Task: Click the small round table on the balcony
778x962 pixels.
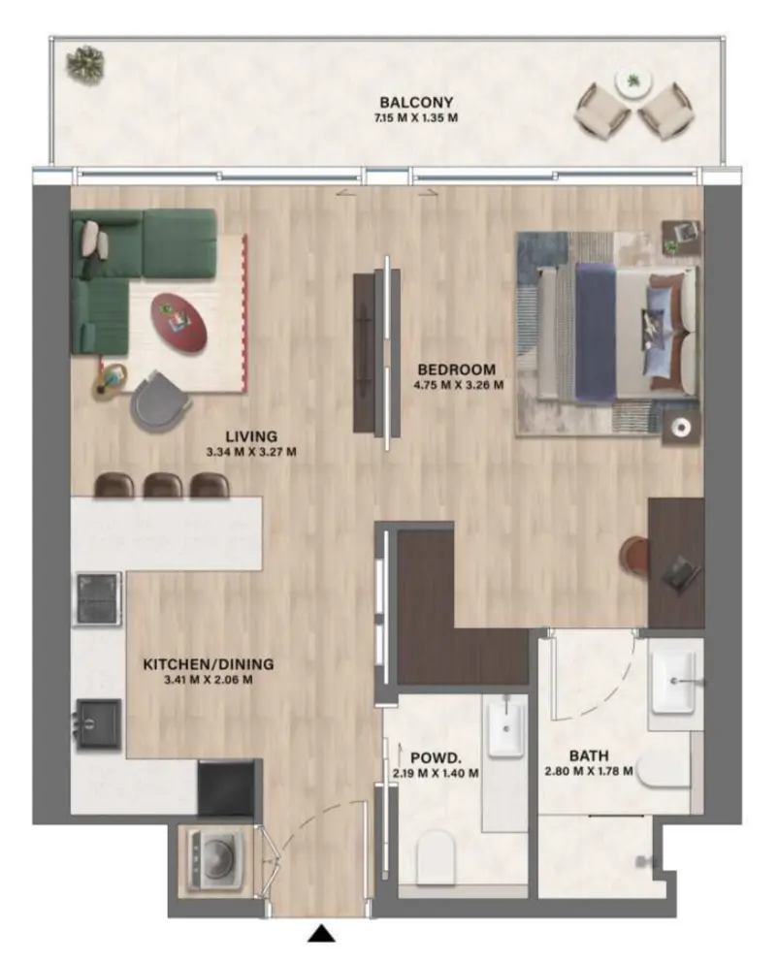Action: [634, 82]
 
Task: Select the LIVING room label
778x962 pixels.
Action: [250, 436]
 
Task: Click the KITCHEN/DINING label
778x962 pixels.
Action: [209, 664]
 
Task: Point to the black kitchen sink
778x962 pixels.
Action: [99, 723]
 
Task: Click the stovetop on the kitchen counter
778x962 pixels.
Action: [99, 598]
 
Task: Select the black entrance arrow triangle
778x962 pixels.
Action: [321, 934]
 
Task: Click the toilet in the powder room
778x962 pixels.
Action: [438, 857]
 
